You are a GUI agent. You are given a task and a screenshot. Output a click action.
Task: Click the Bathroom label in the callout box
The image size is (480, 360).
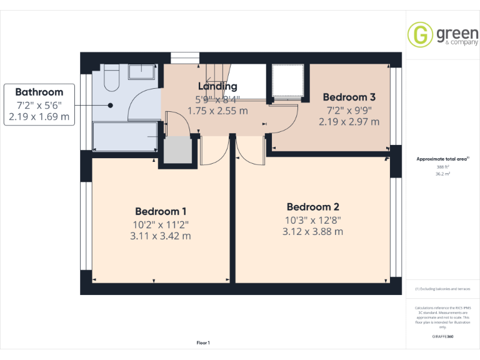pos(39,91)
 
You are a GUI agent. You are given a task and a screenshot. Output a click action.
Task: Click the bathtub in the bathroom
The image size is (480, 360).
pos(125,136)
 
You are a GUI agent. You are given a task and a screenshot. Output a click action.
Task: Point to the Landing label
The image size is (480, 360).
pos(217,86)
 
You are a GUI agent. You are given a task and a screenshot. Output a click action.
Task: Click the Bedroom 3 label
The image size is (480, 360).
pos(349,97)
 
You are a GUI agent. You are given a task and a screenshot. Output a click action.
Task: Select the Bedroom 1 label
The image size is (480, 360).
pos(161,211)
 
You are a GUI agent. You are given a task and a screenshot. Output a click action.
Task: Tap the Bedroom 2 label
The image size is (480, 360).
pos(312,207)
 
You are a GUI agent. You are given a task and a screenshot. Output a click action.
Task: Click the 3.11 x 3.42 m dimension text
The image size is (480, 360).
pos(161,236)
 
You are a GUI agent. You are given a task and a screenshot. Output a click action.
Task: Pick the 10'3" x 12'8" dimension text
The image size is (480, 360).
pos(312,219)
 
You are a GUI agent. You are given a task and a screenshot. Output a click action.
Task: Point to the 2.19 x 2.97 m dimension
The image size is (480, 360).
pos(349,122)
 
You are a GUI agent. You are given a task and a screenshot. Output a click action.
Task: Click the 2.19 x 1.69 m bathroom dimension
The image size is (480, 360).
pos(39,116)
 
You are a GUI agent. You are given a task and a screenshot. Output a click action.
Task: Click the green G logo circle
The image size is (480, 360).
pos(420,34)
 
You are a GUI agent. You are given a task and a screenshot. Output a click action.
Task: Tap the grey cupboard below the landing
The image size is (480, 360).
pos(177,150)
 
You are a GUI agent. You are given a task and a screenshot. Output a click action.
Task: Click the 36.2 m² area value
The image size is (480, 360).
pos(442,174)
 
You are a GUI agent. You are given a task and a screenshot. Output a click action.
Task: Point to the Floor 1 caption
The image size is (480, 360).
pos(203,342)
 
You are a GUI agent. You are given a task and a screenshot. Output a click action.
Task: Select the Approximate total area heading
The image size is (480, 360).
pos(442,159)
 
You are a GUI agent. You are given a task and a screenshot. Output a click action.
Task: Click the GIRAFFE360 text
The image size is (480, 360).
pos(442,336)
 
